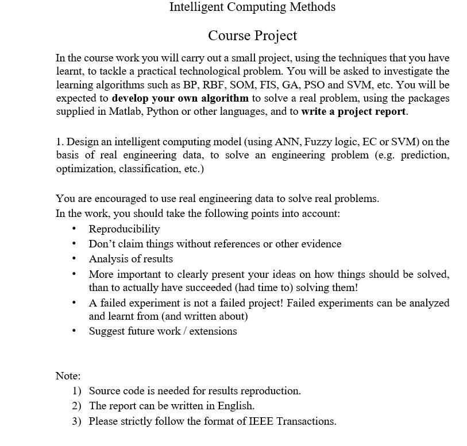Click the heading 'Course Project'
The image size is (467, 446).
tap(252, 36)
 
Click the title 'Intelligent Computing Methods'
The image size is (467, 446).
tap(252, 7)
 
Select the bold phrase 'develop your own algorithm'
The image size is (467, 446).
tap(180, 98)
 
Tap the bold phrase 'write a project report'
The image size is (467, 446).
tap(354, 111)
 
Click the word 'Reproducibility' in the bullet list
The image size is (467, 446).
tap(124, 229)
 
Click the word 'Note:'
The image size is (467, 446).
tap(68, 376)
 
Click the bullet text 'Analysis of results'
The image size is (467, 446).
tap(130, 259)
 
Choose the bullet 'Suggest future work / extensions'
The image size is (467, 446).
tap(163, 331)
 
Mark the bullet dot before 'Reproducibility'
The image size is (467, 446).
tap(75, 229)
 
